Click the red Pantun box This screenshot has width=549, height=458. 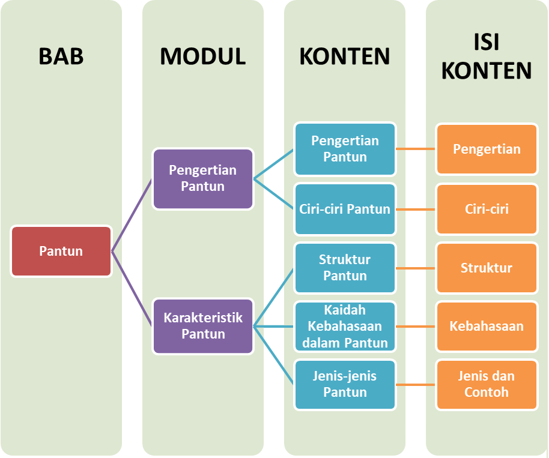point(61,251)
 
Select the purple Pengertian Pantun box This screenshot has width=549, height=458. point(203,179)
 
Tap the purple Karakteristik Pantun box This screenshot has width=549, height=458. point(203,326)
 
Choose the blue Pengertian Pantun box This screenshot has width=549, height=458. point(345,149)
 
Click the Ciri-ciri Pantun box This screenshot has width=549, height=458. point(345,209)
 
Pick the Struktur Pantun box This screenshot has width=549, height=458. point(345,268)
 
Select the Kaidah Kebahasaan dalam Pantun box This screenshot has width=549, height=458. point(345,327)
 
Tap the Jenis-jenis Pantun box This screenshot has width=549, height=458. point(345,384)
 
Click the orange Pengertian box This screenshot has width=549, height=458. point(487,149)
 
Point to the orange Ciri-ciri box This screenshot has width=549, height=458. point(487,209)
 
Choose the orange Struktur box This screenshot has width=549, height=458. point(487,268)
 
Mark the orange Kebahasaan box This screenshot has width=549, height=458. point(487,327)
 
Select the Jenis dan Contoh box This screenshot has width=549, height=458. point(487,384)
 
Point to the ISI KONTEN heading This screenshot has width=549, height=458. point(487,57)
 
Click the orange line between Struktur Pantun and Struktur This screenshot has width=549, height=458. point(416,268)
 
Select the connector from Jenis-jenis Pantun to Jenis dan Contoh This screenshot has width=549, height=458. point(416,384)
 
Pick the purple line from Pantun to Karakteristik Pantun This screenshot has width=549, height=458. point(132,289)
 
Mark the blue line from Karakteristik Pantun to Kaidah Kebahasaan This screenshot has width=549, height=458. point(274,327)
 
